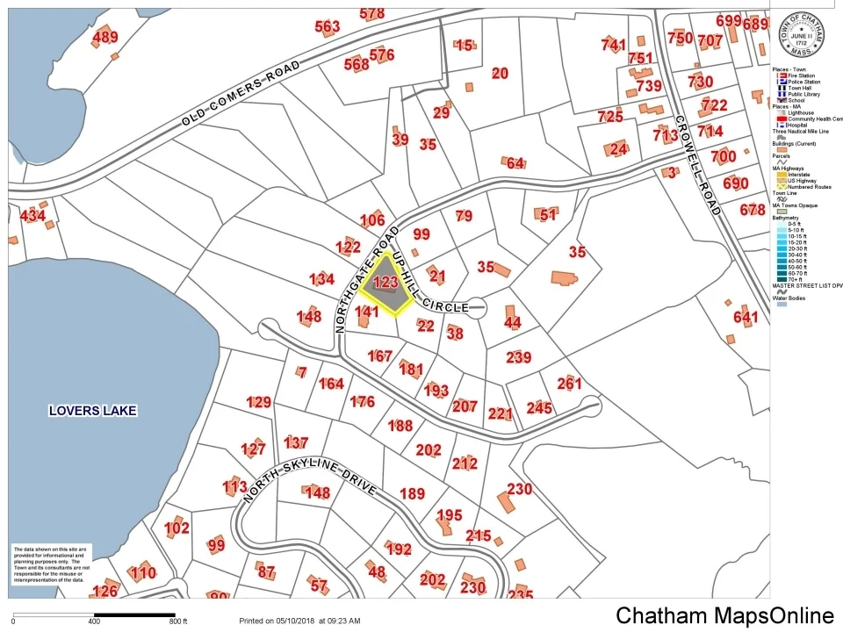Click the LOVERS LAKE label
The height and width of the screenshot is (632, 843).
pos(93,410)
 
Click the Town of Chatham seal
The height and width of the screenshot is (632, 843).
pos(800,32)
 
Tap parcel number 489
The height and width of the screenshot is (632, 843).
pos(104,37)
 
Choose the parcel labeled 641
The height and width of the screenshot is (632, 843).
pos(745,317)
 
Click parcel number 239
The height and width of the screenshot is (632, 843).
pos(519,356)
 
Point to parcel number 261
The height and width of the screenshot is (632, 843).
pos(569,383)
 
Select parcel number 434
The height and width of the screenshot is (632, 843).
pos(32,216)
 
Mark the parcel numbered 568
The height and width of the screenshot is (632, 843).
pos(357,64)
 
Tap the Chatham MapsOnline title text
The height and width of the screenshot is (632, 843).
pos(724,615)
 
